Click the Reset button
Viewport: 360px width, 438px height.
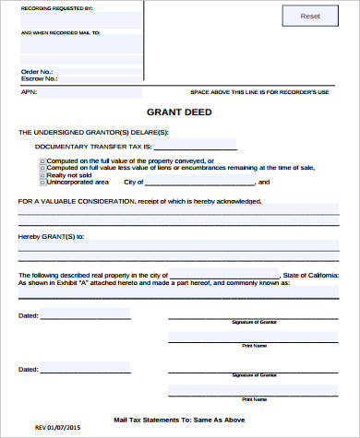(310, 17)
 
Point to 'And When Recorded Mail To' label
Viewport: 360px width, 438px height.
(60, 32)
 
